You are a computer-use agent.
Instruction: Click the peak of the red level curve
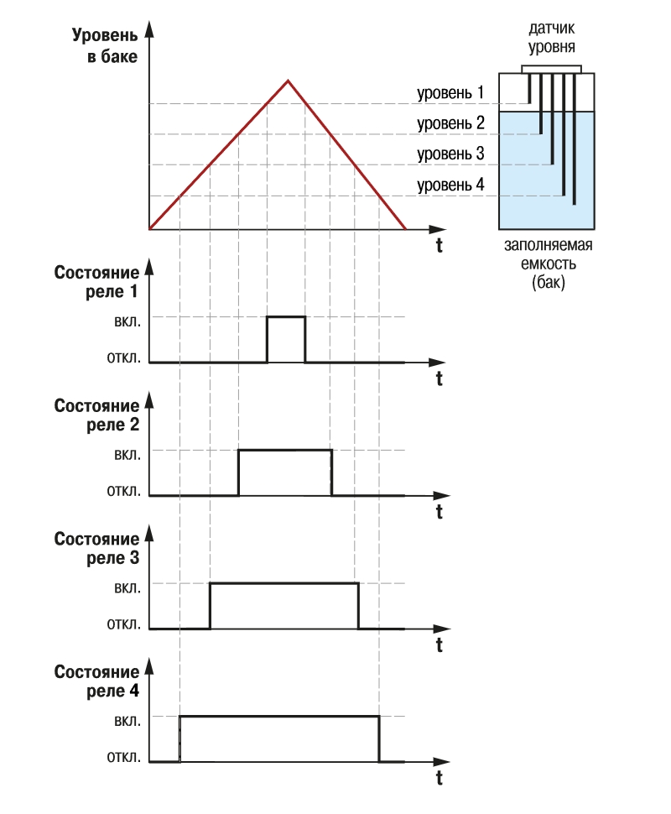pos(289,81)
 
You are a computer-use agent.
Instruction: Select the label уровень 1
pos(450,92)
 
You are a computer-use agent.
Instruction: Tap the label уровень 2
pos(450,123)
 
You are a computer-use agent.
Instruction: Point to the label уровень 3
pos(450,154)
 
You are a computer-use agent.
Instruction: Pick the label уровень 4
pos(450,185)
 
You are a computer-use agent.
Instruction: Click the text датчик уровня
pos(552,38)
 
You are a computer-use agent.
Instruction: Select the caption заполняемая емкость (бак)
pos(548,264)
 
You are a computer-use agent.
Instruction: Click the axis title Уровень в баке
pos(105,45)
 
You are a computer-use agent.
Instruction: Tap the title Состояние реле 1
pos(96,282)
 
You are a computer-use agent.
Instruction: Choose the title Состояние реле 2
pos(96,415)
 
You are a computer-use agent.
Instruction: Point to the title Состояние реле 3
pos(96,548)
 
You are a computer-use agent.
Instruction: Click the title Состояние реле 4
pos(96,681)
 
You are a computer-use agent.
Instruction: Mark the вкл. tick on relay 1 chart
pos(127,321)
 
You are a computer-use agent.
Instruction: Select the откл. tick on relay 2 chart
pos(123,491)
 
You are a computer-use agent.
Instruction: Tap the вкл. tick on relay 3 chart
pos(127,588)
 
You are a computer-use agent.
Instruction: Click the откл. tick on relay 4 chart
pos(123,757)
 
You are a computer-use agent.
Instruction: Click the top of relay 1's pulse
pos(286,316)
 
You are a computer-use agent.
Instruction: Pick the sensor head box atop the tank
pos(551,70)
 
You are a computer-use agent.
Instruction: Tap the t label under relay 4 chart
pos(439,778)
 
